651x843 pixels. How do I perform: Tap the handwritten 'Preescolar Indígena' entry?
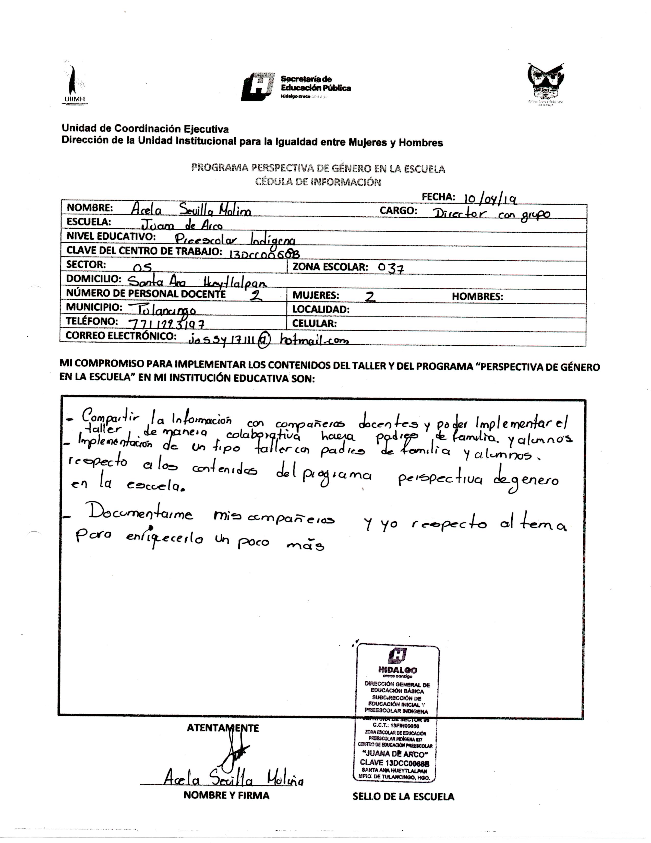[235, 239]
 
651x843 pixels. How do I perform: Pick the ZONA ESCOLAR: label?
[330, 267]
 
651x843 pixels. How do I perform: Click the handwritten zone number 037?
[391, 267]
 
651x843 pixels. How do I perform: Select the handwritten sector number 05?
[142, 267]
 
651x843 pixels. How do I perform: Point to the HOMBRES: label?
[477, 296]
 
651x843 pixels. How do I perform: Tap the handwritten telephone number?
[166, 323]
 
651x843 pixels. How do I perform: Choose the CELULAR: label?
[314, 323]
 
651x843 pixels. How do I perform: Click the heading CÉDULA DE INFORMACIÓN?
[318, 182]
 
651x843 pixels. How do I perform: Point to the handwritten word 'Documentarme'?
[141, 514]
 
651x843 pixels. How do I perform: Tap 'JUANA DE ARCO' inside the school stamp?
[395, 754]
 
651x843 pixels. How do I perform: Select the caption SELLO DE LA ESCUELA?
[403, 796]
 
